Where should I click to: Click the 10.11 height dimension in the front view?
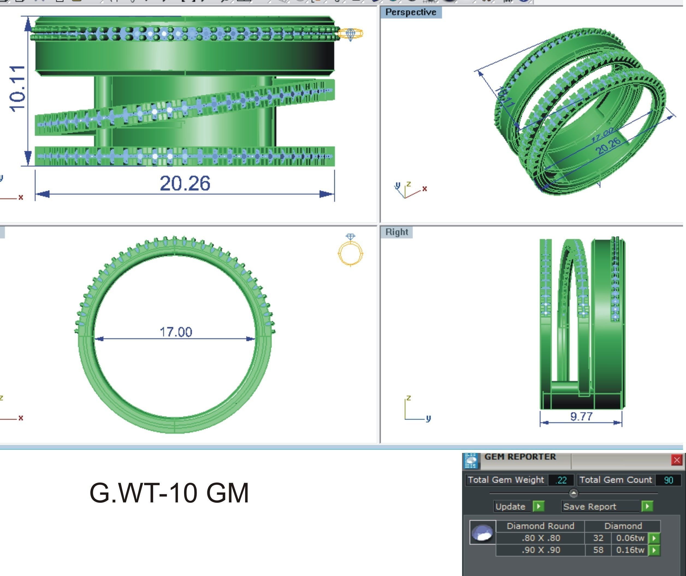pos(17,88)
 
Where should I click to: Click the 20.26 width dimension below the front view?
pos(185,183)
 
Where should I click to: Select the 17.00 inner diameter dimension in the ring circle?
pos(176,332)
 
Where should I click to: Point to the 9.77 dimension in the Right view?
pos(581,416)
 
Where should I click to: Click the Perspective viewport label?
pos(411,12)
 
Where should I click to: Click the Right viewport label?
pos(397,232)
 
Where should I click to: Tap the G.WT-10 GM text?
pos(169,493)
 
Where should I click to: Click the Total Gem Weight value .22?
pos(561,480)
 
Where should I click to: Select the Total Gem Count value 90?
pos(668,480)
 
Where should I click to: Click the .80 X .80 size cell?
pos(541,538)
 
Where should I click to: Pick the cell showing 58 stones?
pos(598,550)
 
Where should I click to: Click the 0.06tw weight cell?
pos(630,538)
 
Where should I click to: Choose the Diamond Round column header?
pos(540,526)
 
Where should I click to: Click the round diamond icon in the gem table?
pos(483,532)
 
